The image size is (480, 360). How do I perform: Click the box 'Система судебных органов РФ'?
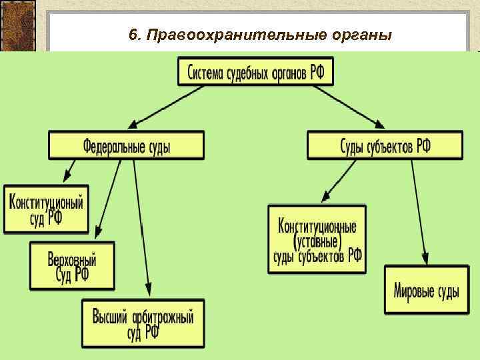[255, 71]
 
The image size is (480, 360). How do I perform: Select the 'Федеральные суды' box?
[126, 145]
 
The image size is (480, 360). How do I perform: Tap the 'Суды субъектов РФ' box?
[385, 145]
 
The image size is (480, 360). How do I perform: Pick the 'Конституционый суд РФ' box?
[46, 209]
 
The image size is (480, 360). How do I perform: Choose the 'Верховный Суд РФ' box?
[72, 265]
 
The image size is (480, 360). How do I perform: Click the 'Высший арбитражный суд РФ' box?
[143, 323]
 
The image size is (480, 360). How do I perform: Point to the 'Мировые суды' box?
[425, 290]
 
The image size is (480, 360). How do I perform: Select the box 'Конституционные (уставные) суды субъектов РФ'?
[317, 239]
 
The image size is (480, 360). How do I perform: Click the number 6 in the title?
[133, 35]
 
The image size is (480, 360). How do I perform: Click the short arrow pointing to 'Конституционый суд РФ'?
[70, 170]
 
